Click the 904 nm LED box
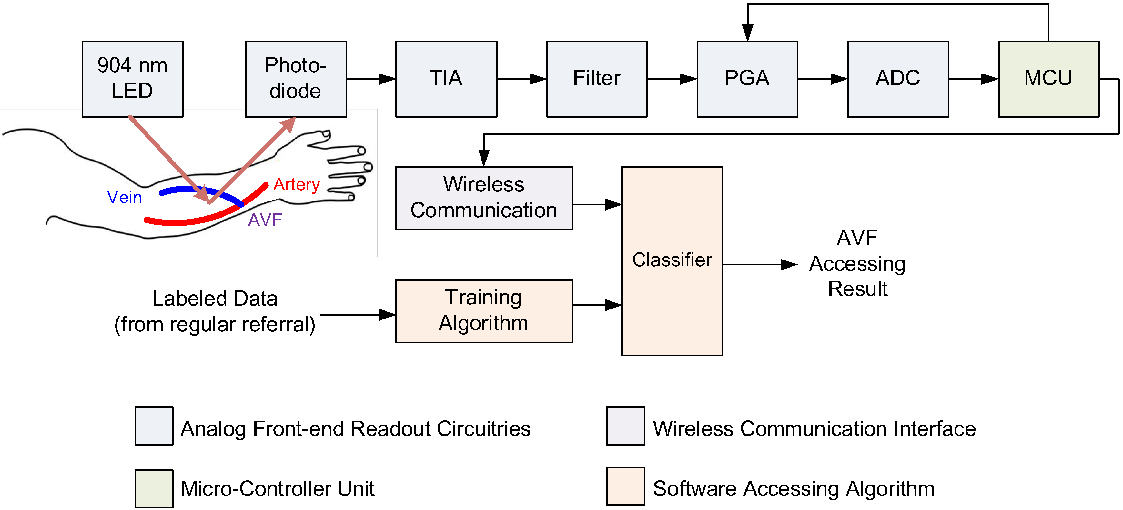point(133,79)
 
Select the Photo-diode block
point(296,79)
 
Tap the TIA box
point(446,79)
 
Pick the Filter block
point(597,79)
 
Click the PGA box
point(747,79)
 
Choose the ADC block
point(898,79)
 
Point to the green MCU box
point(1048,79)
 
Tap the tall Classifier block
point(672,260)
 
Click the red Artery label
point(297,185)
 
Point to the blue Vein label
point(124,197)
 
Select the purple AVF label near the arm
point(265,220)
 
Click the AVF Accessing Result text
point(857,263)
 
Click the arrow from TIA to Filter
point(521,79)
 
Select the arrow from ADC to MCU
point(973,79)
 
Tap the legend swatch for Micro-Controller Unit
point(154,488)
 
